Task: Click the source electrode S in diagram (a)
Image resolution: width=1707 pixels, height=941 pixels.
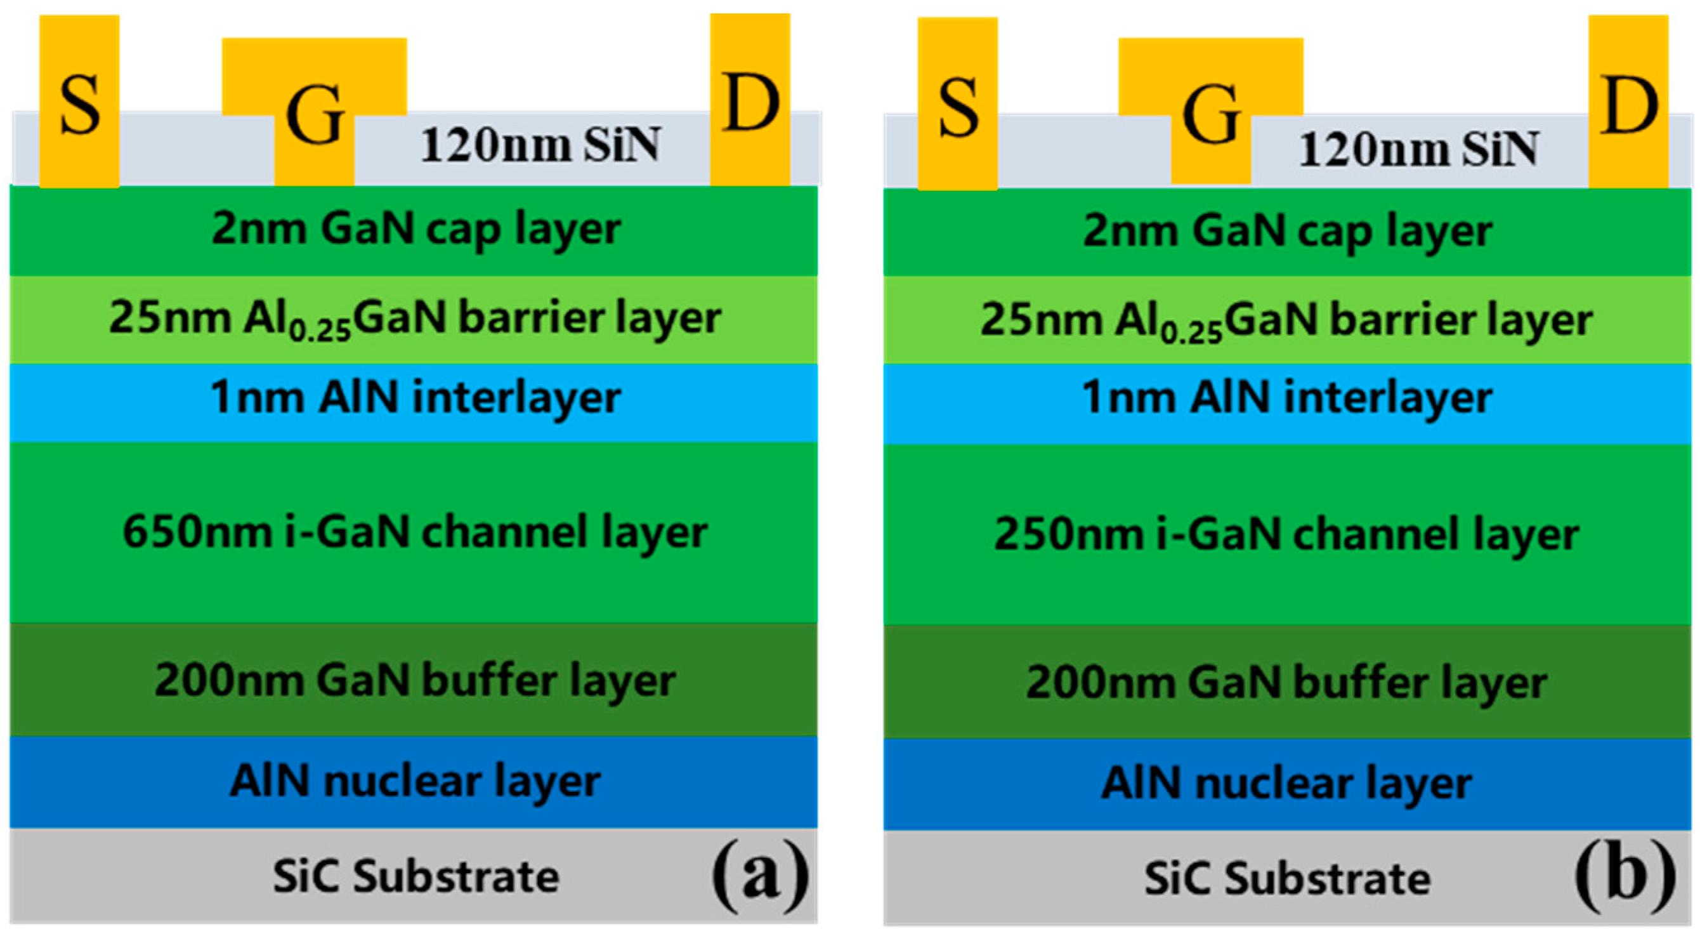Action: [x=79, y=103]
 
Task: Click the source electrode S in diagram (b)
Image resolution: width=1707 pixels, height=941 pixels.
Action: [x=958, y=105]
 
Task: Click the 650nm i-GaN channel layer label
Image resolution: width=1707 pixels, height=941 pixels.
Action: [x=415, y=532]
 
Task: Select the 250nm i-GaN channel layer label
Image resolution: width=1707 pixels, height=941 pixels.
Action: [x=1286, y=534]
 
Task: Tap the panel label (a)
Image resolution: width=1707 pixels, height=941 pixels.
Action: [x=760, y=875]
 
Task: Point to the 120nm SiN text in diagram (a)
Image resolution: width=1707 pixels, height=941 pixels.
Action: [x=540, y=145]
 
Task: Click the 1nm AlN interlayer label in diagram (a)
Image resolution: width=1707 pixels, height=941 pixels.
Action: [x=415, y=398]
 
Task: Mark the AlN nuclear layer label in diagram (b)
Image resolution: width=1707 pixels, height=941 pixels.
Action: [x=1286, y=783]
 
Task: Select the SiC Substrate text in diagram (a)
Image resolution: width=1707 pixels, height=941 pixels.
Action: [x=416, y=877]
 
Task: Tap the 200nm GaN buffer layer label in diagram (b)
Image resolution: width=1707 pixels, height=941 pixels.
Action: [x=1286, y=683]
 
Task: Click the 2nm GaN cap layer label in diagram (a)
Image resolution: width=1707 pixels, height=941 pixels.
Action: [x=416, y=229]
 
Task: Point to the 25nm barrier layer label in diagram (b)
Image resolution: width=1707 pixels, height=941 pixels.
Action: [x=1286, y=320]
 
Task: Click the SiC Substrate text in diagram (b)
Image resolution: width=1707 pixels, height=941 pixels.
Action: [x=1287, y=879]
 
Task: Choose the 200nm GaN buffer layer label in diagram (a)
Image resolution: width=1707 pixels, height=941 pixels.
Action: [x=415, y=681]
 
